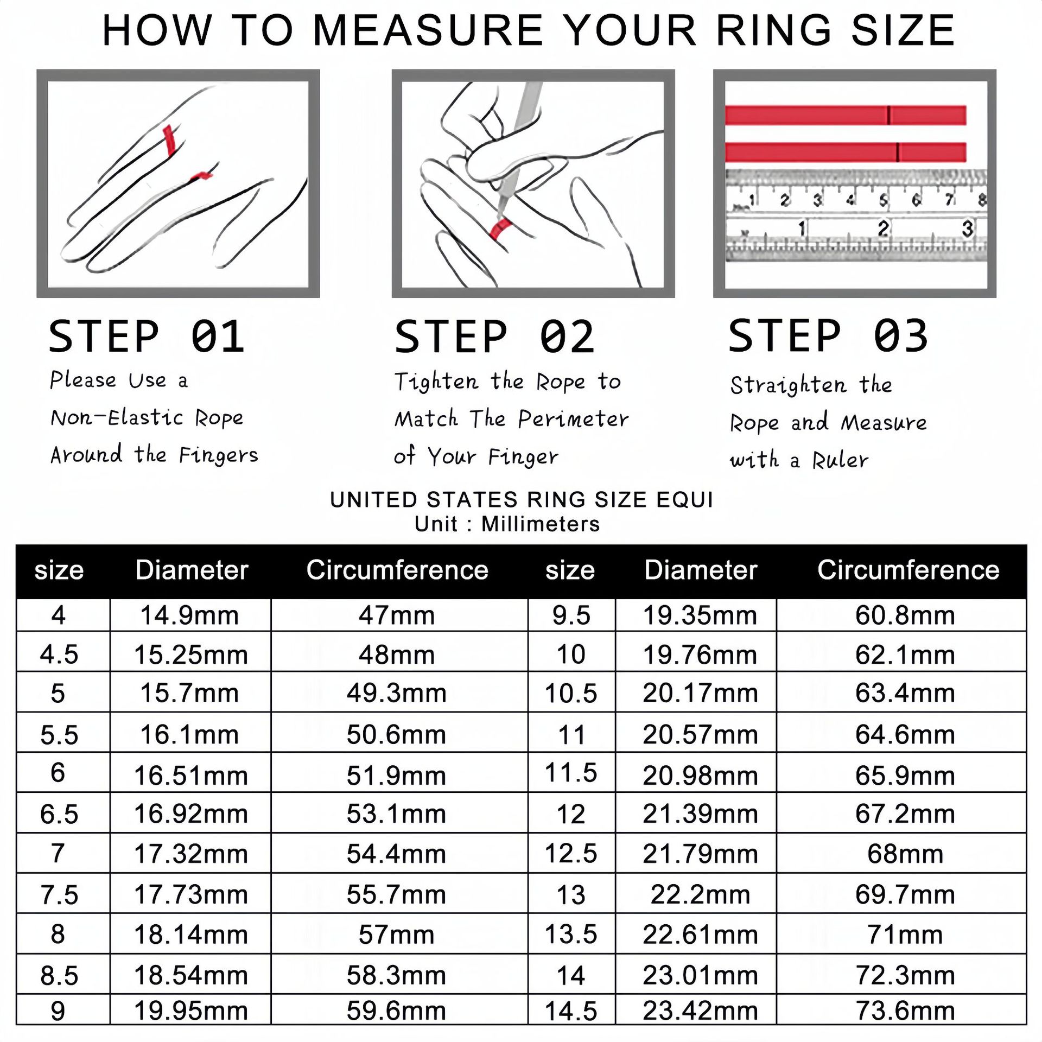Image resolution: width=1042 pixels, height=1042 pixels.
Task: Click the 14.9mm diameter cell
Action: (x=189, y=615)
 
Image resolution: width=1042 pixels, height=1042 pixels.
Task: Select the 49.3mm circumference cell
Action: (x=397, y=693)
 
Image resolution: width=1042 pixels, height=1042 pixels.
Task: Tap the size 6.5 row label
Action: (x=59, y=814)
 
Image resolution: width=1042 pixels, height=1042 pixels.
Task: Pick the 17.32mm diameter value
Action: (x=191, y=854)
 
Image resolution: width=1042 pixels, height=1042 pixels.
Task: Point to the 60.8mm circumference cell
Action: (x=905, y=615)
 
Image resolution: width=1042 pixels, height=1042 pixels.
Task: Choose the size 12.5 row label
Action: (x=571, y=854)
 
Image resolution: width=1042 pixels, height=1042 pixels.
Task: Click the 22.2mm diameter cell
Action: (x=700, y=894)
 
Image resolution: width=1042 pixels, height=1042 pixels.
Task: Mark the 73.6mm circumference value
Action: (x=905, y=1011)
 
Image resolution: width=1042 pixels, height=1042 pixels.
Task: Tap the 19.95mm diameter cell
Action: (x=191, y=1011)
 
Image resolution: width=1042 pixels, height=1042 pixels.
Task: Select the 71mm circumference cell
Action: (x=905, y=935)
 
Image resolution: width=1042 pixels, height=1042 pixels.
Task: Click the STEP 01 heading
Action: (x=147, y=336)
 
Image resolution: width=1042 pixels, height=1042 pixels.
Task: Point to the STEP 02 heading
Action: (x=494, y=336)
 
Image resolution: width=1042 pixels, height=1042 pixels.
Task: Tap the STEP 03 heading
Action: (x=828, y=336)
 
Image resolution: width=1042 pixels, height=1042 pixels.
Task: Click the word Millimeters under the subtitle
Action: (x=541, y=524)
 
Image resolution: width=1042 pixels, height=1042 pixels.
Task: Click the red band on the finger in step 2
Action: (x=500, y=229)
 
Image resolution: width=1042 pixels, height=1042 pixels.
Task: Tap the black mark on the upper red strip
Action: (x=888, y=115)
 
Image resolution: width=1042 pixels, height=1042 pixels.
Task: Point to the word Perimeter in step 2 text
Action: (x=573, y=419)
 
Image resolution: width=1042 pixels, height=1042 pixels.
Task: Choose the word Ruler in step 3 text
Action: (x=840, y=460)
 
